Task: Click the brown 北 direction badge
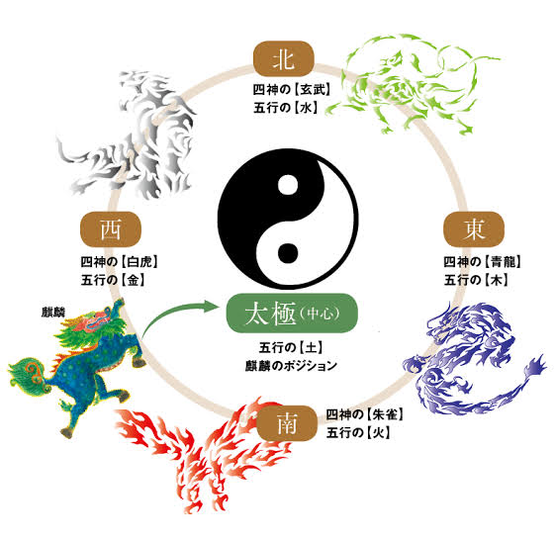pyautogui.click(x=284, y=58)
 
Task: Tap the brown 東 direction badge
pyautogui.click(x=474, y=229)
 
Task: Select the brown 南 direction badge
pyautogui.click(x=287, y=423)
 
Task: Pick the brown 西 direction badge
pyautogui.click(x=111, y=229)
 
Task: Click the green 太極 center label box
pyautogui.click(x=292, y=314)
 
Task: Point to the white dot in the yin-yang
pyautogui.click(x=288, y=185)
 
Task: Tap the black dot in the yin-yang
pyautogui.click(x=288, y=253)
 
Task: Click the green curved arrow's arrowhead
pyautogui.click(x=211, y=306)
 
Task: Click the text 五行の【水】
pyautogui.click(x=285, y=108)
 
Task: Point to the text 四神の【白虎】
pyautogui.click(x=120, y=262)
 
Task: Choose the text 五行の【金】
pyautogui.click(x=113, y=280)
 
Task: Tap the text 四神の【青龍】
pyautogui.click(x=483, y=262)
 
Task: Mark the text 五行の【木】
pyautogui.click(x=477, y=280)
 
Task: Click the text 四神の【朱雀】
pyautogui.click(x=365, y=414)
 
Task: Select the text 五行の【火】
pyautogui.click(x=358, y=432)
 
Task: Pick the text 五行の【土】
pyautogui.click(x=291, y=347)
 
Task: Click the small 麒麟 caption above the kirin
pyautogui.click(x=53, y=313)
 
